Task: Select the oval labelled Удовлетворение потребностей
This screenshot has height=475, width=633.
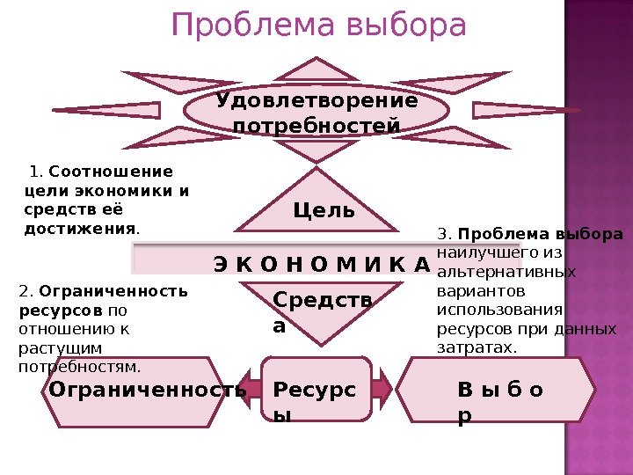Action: pyautogui.click(x=316, y=113)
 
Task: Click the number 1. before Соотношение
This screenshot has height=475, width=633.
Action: pyautogui.click(x=37, y=172)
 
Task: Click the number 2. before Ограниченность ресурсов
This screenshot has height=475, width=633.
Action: pyautogui.click(x=25, y=291)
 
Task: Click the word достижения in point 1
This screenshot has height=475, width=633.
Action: pyautogui.click(x=80, y=229)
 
